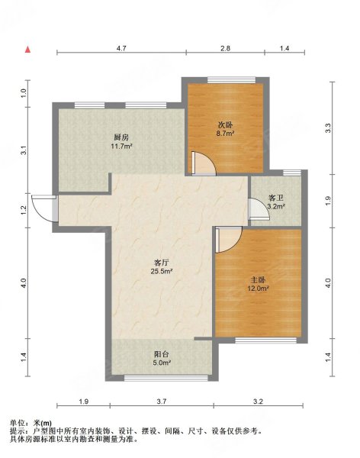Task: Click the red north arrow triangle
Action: pyautogui.click(x=27, y=50)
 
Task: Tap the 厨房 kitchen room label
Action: pyautogui.click(x=121, y=137)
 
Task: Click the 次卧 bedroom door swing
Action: pyautogui.click(x=204, y=163)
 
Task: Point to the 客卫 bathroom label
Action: pyautogui.click(x=276, y=198)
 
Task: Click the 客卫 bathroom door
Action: pyautogui.click(x=259, y=209)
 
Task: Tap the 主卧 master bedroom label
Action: pyautogui.click(x=258, y=280)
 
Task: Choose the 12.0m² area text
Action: pyautogui.click(x=258, y=289)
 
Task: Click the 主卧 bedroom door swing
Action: pyautogui.click(x=229, y=240)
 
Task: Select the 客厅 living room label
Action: pyautogui.click(x=162, y=263)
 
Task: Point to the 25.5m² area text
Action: pyautogui.click(x=162, y=271)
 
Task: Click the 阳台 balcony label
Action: pyautogui.click(x=162, y=354)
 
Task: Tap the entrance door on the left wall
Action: pyautogui.click(x=44, y=208)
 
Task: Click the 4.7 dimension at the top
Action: pyautogui.click(x=121, y=48)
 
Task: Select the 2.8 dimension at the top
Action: pyautogui.click(x=226, y=48)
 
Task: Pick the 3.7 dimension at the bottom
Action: pyautogui.click(x=162, y=402)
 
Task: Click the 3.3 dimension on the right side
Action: pyautogui.click(x=328, y=128)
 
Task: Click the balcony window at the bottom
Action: pyautogui.click(x=166, y=378)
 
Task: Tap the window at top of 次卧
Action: pyautogui.click(x=232, y=79)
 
